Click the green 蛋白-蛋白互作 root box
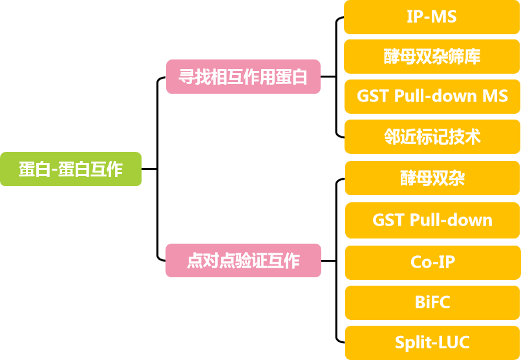click(x=70, y=169)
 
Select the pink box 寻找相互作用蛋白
click(x=243, y=77)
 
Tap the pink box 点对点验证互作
click(x=243, y=260)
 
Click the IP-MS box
click(x=432, y=17)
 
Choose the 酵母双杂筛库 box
click(x=432, y=57)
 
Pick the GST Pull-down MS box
click(x=432, y=97)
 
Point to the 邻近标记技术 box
click(x=432, y=137)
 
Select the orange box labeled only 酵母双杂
click(x=432, y=178)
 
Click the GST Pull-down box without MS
click(x=432, y=220)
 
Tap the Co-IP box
click(x=432, y=262)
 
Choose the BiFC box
click(x=432, y=302)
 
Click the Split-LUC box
click(x=432, y=343)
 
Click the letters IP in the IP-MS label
click(x=414, y=17)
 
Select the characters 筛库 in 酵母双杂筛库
click(x=467, y=57)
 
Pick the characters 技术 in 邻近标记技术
click(x=467, y=137)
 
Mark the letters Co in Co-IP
click(x=421, y=262)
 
